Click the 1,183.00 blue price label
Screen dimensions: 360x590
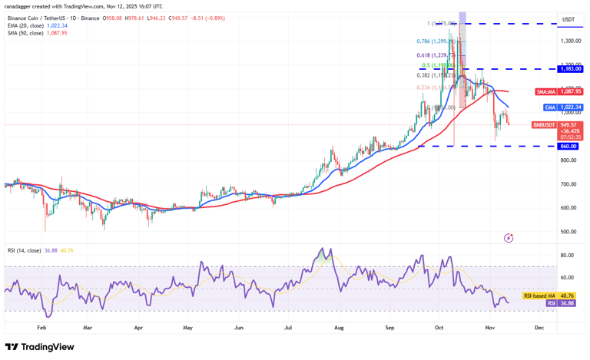pyautogui.click(x=569, y=68)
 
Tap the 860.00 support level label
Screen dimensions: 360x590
pyautogui.click(x=568, y=146)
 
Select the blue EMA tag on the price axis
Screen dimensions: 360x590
pyautogui.click(x=550, y=107)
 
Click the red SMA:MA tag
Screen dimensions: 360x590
pyautogui.click(x=546, y=91)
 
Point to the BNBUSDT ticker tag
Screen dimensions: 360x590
pyautogui.click(x=543, y=124)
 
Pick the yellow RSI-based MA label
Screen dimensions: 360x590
pyautogui.click(x=538, y=296)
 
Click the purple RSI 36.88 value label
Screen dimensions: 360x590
pyautogui.click(x=552, y=303)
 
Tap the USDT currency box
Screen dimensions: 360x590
pyautogui.click(x=568, y=19)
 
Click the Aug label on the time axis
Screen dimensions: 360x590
pyautogui.click(x=340, y=326)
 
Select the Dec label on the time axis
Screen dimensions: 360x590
pyautogui.click(x=539, y=326)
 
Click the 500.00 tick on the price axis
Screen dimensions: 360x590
pyautogui.click(x=568, y=232)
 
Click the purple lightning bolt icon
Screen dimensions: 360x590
pyautogui.click(x=509, y=238)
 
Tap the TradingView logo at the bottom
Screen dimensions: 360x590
pyautogui.click(x=39, y=347)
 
